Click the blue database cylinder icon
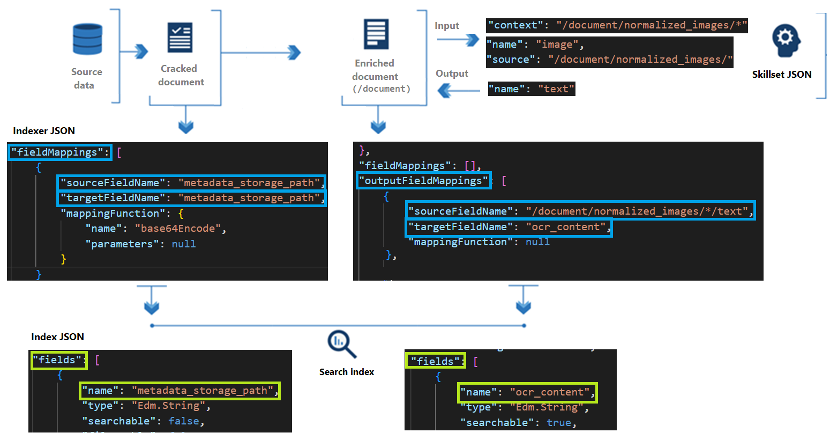(x=87, y=39)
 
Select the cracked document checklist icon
(x=180, y=38)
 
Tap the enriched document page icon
(x=376, y=34)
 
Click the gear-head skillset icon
(x=786, y=41)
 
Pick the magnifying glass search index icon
(x=341, y=344)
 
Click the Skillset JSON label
(x=781, y=75)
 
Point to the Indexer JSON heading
(x=44, y=131)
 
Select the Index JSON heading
(x=57, y=337)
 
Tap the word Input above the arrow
(x=447, y=26)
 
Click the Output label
(x=452, y=74)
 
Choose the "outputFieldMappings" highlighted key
(x=424, y=181)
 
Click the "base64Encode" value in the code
(x=178, y=229)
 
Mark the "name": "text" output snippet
(x=532, y=89)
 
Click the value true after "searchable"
(x=558, y=423)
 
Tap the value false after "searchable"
(x=183, y=421)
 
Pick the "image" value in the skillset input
(x=557, y=45)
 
